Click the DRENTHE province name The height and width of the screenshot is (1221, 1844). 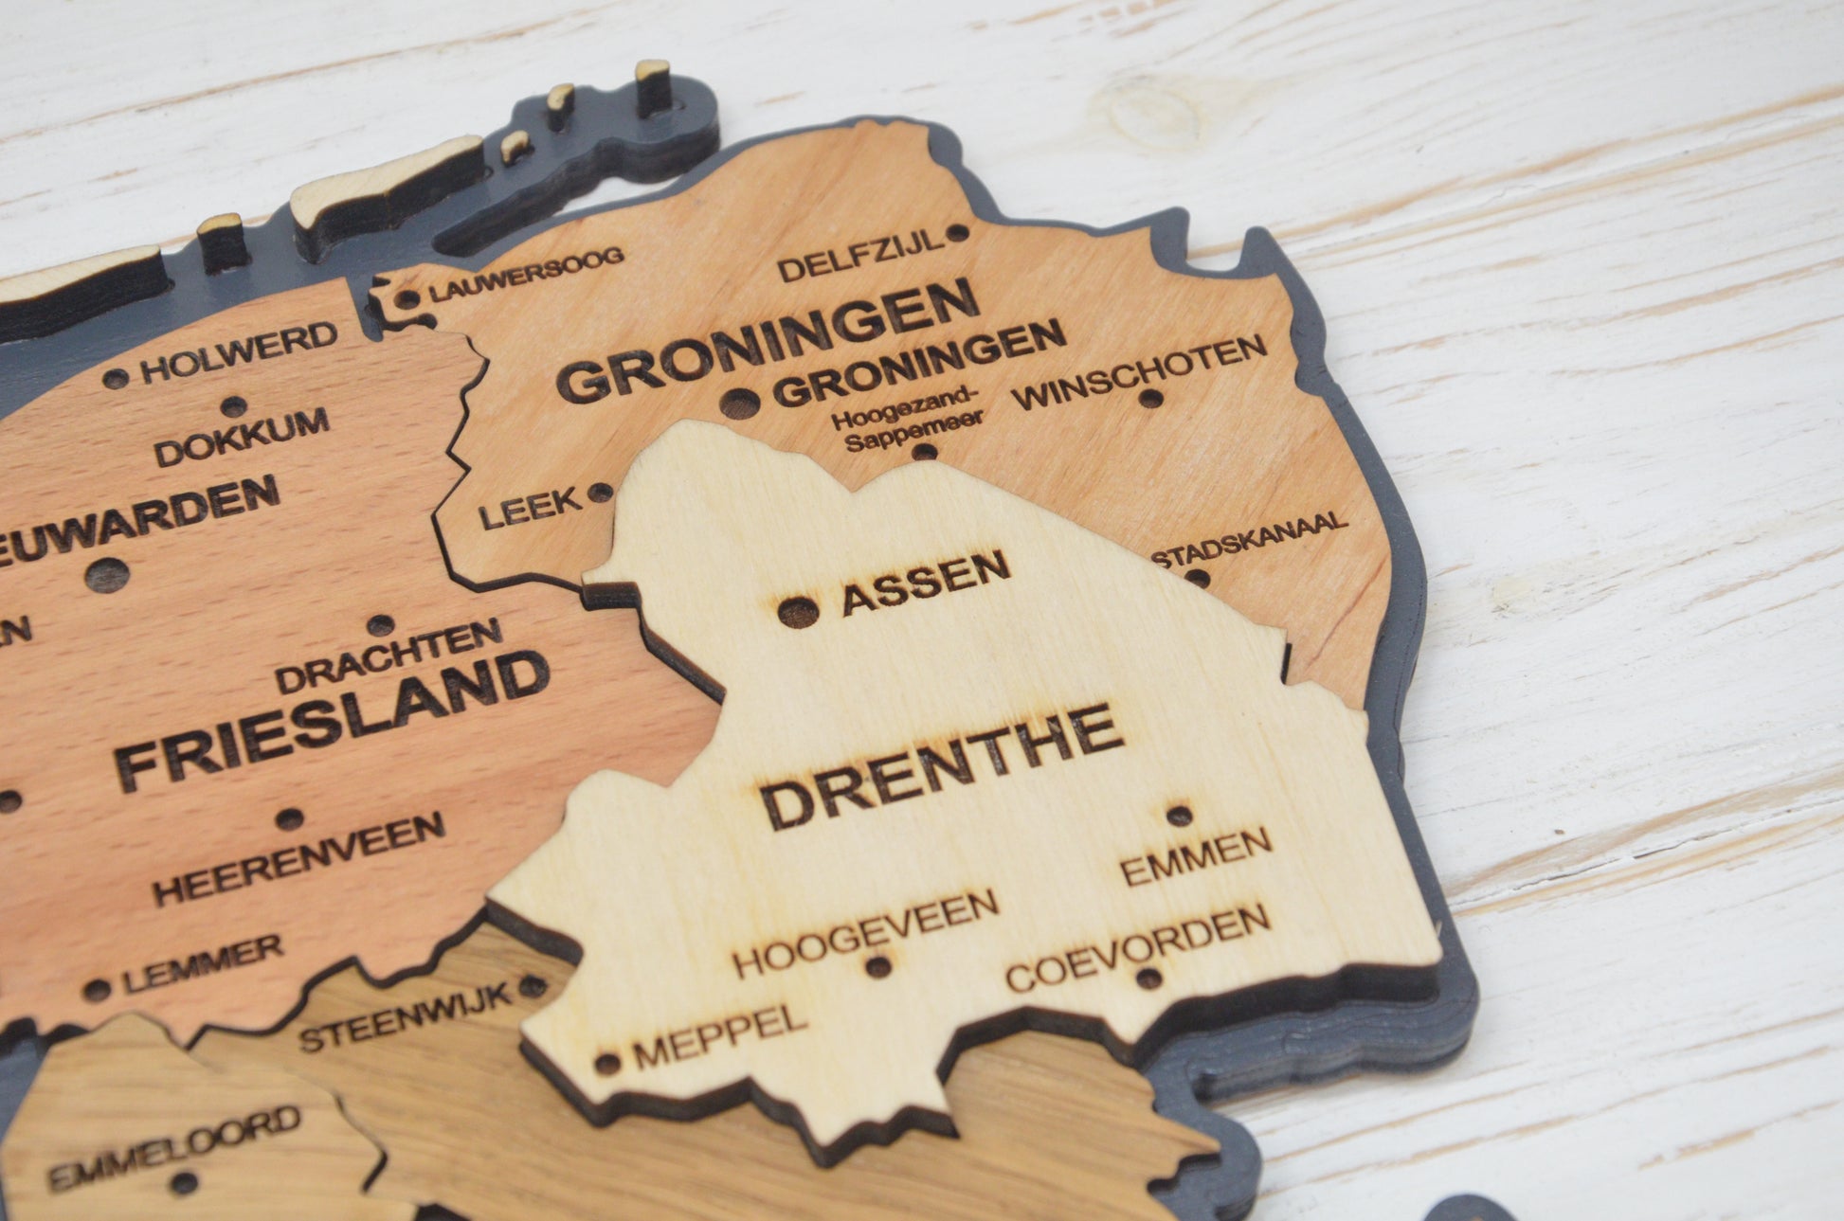(942, 766)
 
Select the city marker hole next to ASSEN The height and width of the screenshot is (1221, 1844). (798, 612)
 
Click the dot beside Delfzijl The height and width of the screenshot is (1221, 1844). (957, 232)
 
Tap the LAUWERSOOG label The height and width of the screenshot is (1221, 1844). (527, 275)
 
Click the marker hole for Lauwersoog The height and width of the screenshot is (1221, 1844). (407, 299)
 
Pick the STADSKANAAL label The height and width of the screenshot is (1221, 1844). (1249, 538)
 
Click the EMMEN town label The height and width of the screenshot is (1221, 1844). (1196, 855)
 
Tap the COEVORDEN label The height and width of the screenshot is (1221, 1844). (1137, 946)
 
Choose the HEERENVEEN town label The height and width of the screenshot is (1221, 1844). (299, 858)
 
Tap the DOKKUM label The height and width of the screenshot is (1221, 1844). (242, 437)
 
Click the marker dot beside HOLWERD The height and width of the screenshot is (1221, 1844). (116, 379)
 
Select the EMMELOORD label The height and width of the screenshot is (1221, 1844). (174, 1147)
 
